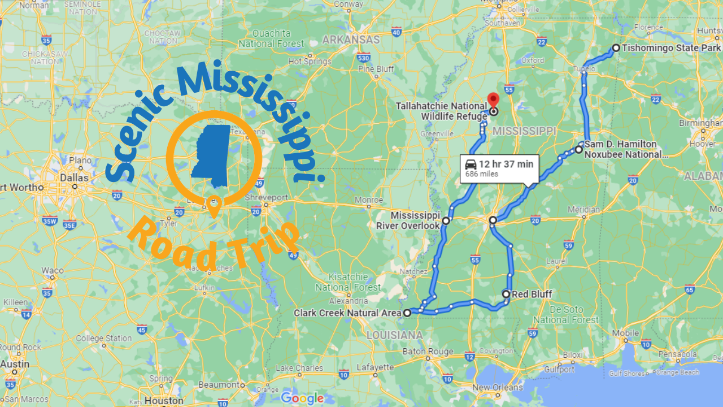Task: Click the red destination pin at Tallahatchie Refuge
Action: tap(493, 99)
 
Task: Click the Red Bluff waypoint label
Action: tap(532, 294)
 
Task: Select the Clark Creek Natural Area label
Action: tap(347, 313)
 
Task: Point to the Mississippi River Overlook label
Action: tap(408, 221)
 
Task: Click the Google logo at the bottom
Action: tap(302, 398)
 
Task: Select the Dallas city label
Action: tap(75, 177)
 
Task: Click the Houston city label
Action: tap(164, 401)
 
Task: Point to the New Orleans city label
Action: tap(497, 387)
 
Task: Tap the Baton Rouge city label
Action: tap(428, 351)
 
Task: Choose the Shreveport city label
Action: tap(267, 198)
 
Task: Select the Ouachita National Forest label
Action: tap(272, 38)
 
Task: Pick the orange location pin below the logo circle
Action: tap(214, 206)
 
